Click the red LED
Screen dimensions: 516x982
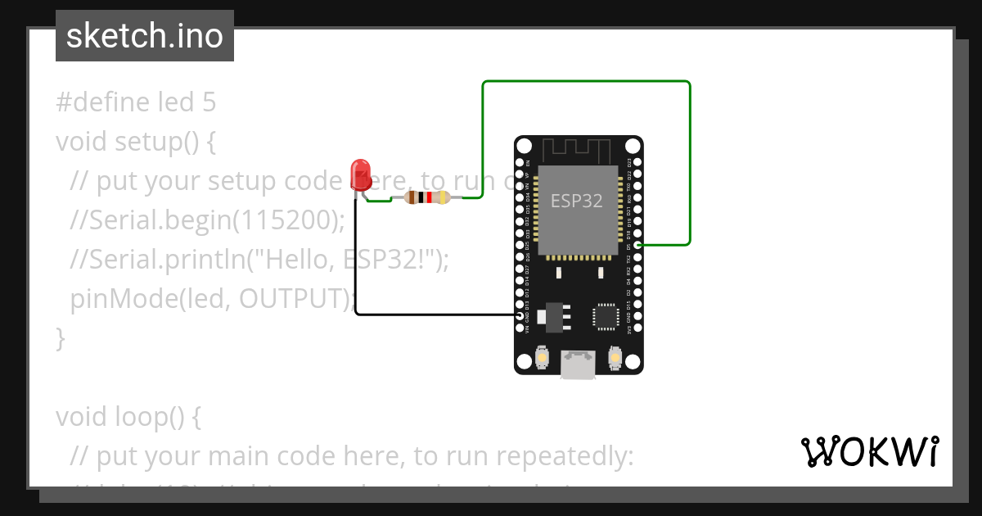pos(359,174)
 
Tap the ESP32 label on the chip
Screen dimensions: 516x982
pos(577,201)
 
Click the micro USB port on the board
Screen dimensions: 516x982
pos(578,364)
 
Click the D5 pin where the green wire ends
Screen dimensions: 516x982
pos(637,245)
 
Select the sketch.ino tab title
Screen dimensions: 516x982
pos(145,36)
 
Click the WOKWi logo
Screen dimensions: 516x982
pos(868,452)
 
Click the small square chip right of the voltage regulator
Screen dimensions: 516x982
pos(606,316)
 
